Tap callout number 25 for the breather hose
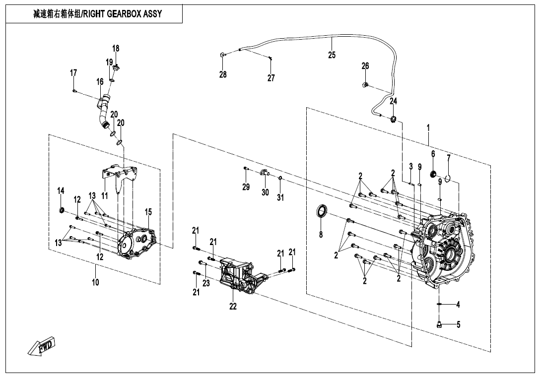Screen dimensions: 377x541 (x=332, y=55)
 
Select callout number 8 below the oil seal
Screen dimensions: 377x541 (x=321, y=235)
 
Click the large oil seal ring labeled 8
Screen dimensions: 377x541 (x=323, y=211)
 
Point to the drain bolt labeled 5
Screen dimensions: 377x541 (x=439, y=325)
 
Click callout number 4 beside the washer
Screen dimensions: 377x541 (x=458, y=304)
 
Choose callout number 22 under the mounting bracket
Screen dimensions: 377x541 (x=233, y=307)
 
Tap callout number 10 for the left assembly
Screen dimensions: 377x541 (x=95, y=282)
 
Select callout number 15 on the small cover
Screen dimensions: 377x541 (x=148, y=212)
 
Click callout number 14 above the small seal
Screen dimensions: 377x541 (x=61, y=191)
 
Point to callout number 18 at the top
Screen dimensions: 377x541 (x=116, y=48)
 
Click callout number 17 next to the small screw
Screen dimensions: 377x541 (x=73, y=73)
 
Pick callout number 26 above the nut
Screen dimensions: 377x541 (x=365, y=66)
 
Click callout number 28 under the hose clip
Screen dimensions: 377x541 (x=223, y=74)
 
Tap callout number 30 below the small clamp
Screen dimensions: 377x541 (x=265, y=192)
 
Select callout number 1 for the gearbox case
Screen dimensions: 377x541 (x=428, y=127)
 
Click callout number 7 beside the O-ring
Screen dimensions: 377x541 (x=448, y=158)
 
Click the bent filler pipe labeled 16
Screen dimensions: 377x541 (x=103, y=112)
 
